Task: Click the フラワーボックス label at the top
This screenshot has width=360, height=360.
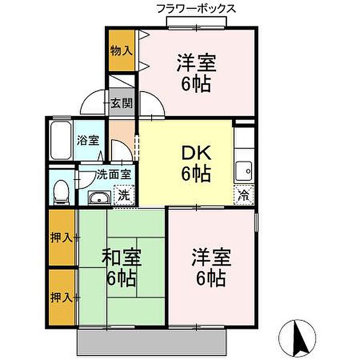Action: pyautogui.click(x=196, y=9)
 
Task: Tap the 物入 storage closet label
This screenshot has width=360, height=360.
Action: pyautogui.click(x=121, y=50)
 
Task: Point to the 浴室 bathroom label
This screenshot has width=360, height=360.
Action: pyautogui.click(x=88, y=140)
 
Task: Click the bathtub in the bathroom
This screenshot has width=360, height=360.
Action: pyautogui.click(x=61, y=140)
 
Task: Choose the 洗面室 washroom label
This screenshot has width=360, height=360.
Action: pyautogui.click(x=114, y=174)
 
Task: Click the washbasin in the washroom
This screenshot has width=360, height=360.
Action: pyautogui.click(x=99, y=197)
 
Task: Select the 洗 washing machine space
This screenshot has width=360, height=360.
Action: pyautogui.click(x=124, y=195)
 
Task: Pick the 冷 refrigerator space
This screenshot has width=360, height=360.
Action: pyautogui.click(x=244, y=195)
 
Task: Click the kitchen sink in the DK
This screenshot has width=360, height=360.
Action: pyautogui.click(x=244, y=171)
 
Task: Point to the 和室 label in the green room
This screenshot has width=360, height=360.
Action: pyautogui.click(x=121, y=258)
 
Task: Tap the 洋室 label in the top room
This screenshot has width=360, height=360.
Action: pyautogui.click(x=196, y=63)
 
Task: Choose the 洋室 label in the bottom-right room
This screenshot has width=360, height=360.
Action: pyautogui.click(x=211, y=257)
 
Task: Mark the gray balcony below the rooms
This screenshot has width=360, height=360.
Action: pyautogui.click(x=152, y=342)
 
